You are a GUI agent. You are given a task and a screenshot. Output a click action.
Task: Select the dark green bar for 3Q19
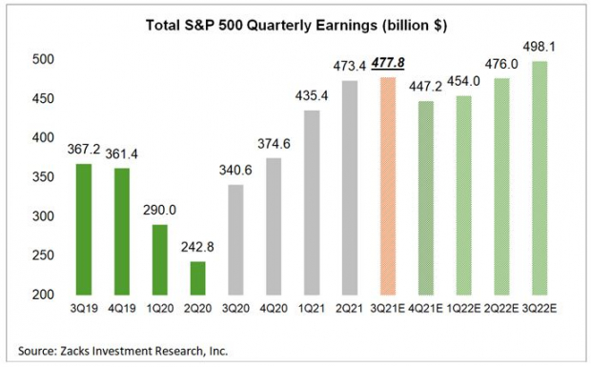click(x=82, y=230)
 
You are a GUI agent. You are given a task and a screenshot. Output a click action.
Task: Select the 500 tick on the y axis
click(x=41, y=60)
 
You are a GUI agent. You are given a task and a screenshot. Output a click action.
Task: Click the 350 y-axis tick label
click(x=41, y=178)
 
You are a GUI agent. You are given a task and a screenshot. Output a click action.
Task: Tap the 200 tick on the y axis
click(x=41, y=296)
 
